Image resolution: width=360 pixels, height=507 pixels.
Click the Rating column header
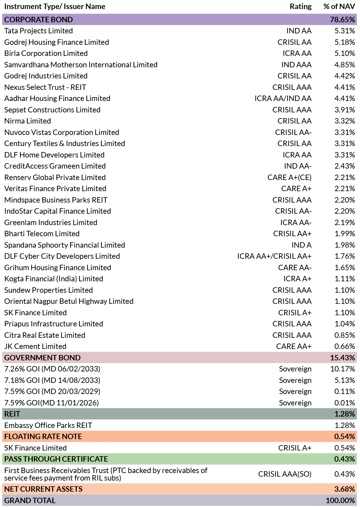click(301, 7)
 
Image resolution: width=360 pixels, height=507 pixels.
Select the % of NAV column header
click(339, 7)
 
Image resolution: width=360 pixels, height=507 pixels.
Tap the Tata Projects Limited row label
click(38, 31)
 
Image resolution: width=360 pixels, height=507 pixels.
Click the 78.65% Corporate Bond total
click(342, 20)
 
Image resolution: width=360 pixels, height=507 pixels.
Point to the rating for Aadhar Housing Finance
click(283, 99)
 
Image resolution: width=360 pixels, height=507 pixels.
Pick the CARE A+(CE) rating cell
click(289, 177)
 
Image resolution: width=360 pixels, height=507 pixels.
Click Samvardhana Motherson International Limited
click(81, 65)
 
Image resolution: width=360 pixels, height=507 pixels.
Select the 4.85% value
click(345, 65)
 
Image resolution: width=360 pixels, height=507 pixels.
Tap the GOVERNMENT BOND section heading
click(42, 358)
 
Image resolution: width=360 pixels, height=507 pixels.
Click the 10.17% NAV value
click(342, 369)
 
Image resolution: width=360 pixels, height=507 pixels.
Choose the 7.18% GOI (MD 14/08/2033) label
click(52, 380)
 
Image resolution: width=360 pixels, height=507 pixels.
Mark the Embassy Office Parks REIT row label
click(48, 425)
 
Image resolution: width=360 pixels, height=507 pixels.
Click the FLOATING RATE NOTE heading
click(43, 436)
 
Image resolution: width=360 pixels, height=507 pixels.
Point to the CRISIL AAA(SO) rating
click(285, 474)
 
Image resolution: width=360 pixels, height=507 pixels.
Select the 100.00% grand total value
click(340, 500)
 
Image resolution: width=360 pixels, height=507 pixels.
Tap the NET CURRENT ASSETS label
click(44, 489)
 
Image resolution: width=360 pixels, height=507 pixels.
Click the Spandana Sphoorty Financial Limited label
click(65, 245)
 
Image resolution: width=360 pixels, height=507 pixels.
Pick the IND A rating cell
click(301, 245)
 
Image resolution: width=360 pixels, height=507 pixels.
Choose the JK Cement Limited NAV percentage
click(345, 346)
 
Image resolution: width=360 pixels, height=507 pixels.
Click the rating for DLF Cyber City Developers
click(274, 256)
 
